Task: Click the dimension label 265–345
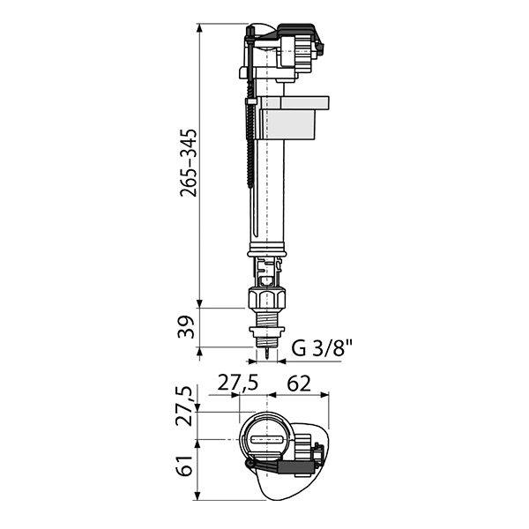coord(189,162)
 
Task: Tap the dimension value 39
coord(186,327)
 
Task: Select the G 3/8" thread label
coord(322,348)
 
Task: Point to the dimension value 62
coord(298,384)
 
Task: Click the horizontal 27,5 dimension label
coord(237,383)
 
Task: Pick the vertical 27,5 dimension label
coord(185,406)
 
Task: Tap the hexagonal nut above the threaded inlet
coord(267,297)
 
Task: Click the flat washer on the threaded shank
coord(267,330)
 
